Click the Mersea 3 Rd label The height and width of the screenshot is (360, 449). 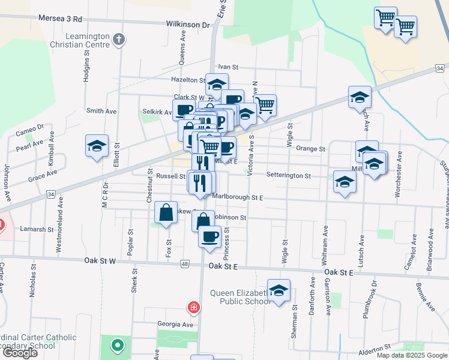coord(59,19)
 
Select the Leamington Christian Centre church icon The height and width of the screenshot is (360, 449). coord(119,40)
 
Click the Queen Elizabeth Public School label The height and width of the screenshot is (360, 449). coord(240,297)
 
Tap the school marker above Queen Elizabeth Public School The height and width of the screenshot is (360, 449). coord(279,291)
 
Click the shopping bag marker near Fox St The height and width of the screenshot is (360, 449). coord(166,212)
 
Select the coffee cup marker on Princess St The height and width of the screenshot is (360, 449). coord(210,236)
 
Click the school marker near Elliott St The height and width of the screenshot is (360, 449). coord(97,146)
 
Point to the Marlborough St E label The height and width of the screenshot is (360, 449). coord(238,196)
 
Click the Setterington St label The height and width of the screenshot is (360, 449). coord(288,176)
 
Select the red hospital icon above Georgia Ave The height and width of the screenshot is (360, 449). coord(194,308)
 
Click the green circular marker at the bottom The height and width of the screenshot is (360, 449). coord(117,346)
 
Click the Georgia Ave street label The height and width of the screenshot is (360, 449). coord(175,324)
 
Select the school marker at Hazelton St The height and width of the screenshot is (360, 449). coord(217,84)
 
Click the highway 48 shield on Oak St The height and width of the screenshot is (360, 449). coord(184,264)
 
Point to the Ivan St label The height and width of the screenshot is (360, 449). coord(228,67)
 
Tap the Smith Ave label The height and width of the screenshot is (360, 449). coord(101,111)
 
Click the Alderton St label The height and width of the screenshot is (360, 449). coord(375,347)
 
